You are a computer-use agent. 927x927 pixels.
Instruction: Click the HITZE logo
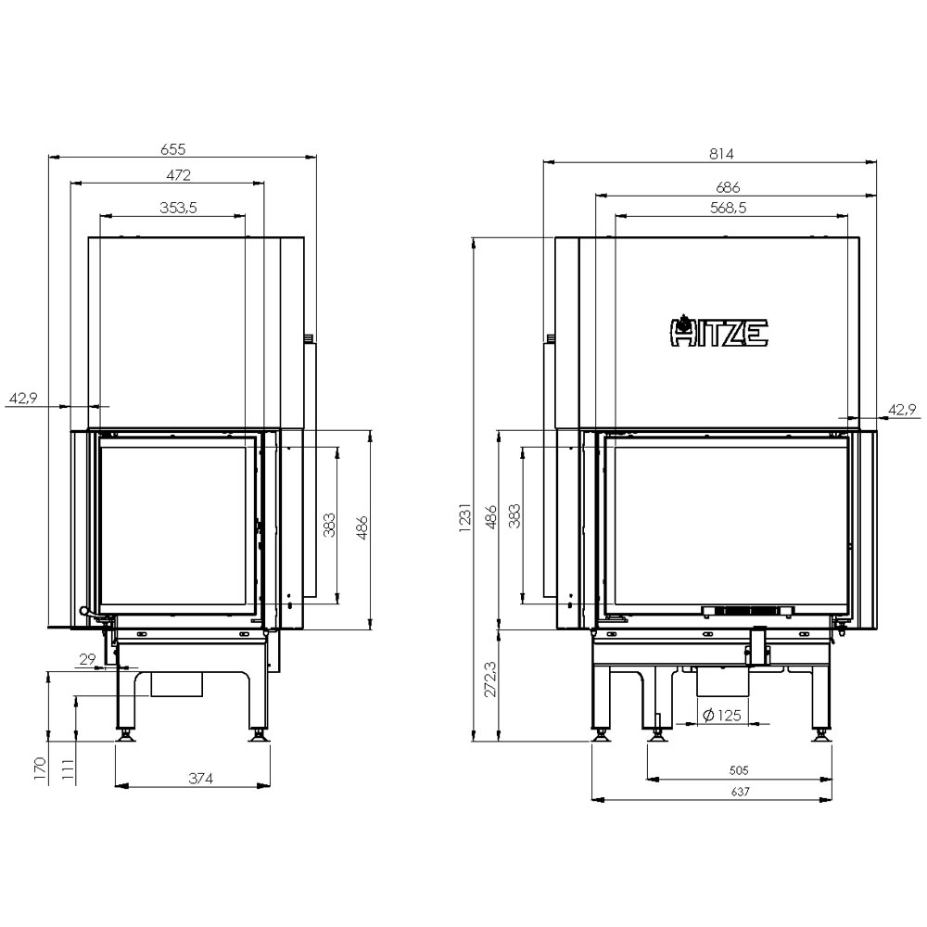(x=719, y=331)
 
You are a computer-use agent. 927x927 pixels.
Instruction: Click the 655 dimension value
(x=173, y=149)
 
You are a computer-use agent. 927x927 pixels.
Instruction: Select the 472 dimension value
(x=179, y=175)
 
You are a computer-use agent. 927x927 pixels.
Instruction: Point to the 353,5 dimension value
(x=178, y=208)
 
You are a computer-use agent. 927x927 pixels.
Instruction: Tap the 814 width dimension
(x=721, y=154)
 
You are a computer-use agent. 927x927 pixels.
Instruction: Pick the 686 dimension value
(x=727, y=187)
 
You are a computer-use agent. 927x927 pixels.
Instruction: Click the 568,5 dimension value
(x=728, y=208)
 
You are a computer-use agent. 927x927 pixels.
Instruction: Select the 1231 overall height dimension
(x=465, y=518)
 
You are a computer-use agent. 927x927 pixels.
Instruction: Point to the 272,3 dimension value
(x=491, y=679)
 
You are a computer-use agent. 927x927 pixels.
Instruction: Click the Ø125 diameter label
(x=722, y=716)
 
